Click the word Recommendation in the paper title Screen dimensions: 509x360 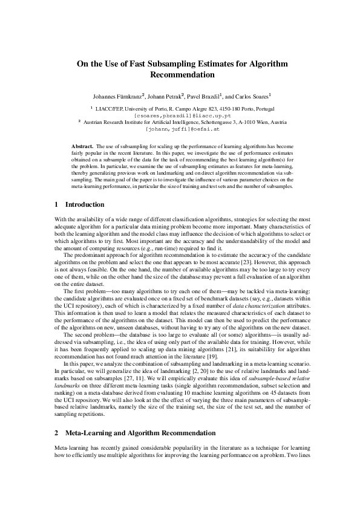coord(180,75)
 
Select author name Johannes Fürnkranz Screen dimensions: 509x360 coord(117,96)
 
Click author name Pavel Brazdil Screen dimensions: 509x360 coord(203,96)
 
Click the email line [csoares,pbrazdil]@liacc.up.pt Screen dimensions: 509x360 coord(180,115)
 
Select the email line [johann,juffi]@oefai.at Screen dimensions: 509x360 coord(180,129)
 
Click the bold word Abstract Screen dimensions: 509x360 coord(82,147)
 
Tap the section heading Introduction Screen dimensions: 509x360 coord(84,205)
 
